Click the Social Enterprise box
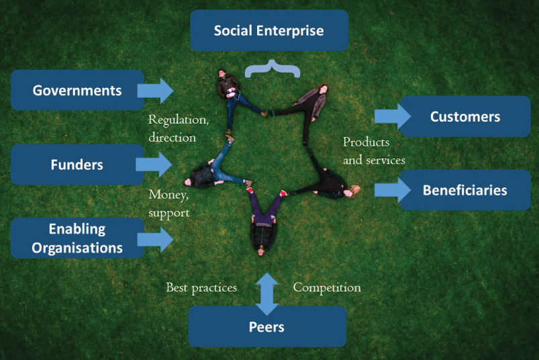(268, 31)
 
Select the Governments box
(77, 90)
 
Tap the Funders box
(77, 165)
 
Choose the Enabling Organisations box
(77, 238)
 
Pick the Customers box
(465, 117)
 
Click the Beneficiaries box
(465, 190)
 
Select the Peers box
(267, 327)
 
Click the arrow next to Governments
(155, 90)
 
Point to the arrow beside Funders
(154, 164)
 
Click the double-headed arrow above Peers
(267, 294)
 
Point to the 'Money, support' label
(169, 203)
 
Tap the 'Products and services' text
(373, 151)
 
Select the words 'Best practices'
(201, 287)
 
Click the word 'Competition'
(327, 287)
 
